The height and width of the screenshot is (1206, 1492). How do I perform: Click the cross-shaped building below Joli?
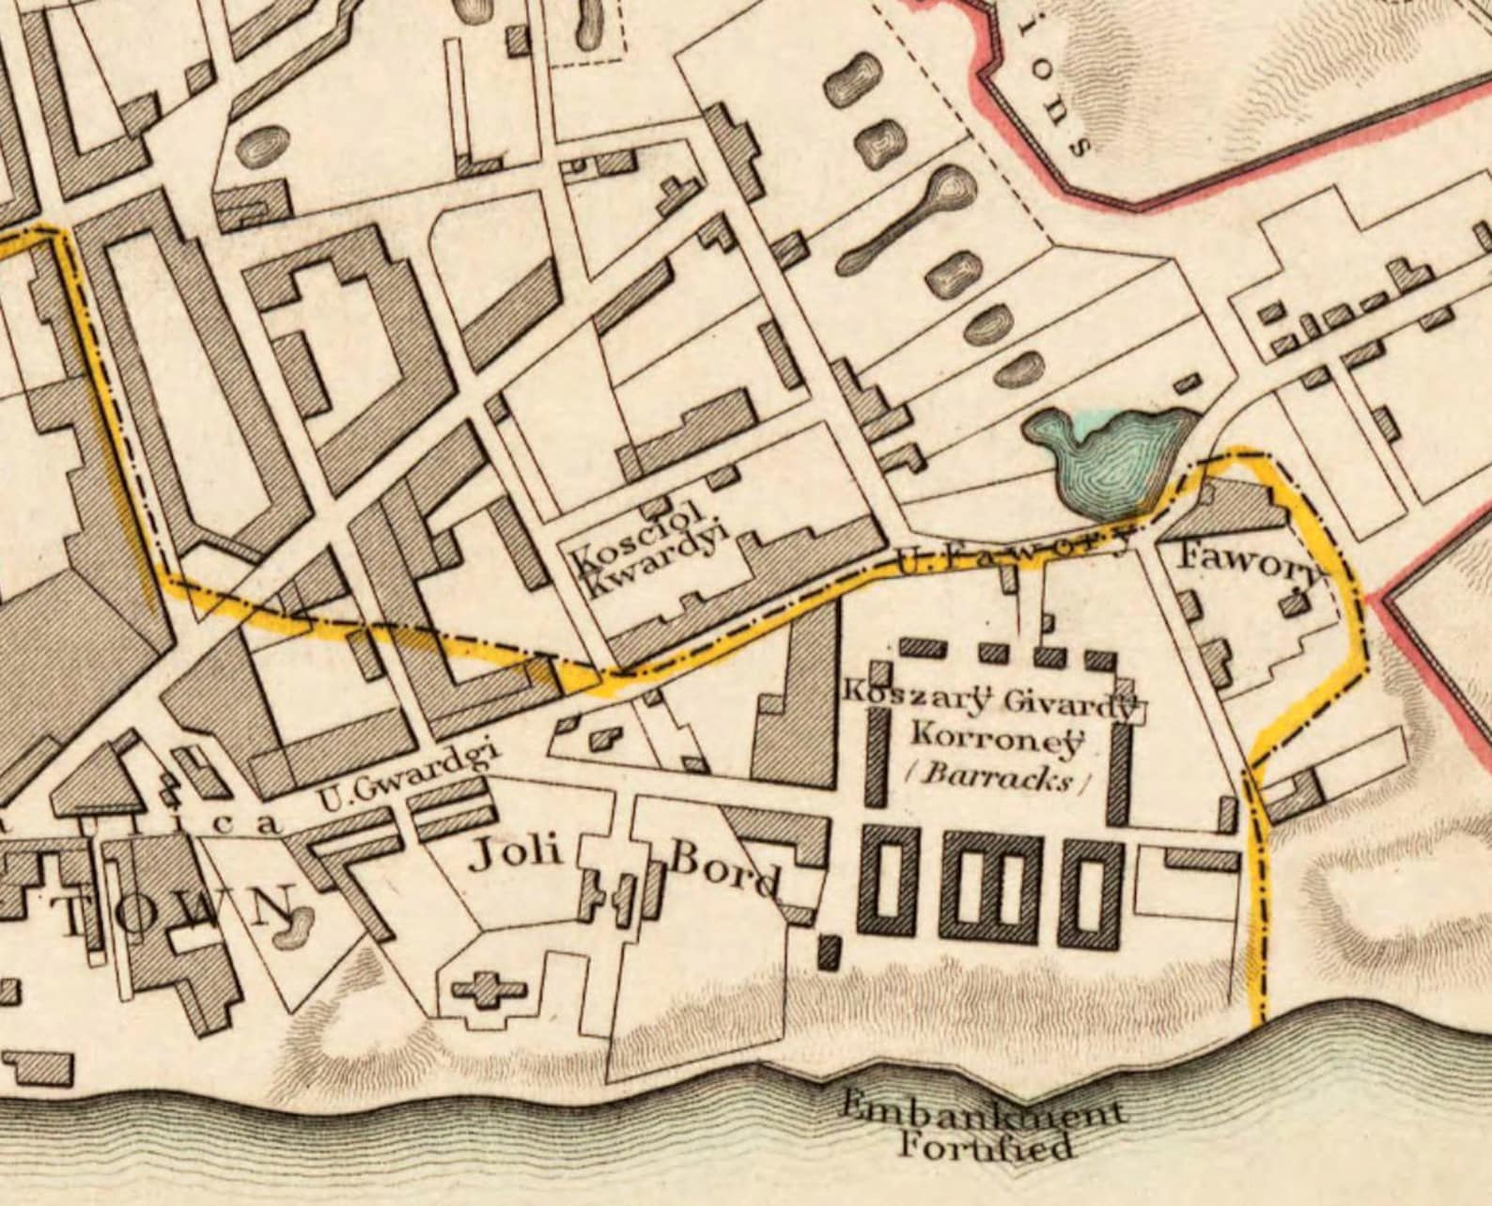489,990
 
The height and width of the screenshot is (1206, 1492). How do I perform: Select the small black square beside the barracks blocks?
829,951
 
